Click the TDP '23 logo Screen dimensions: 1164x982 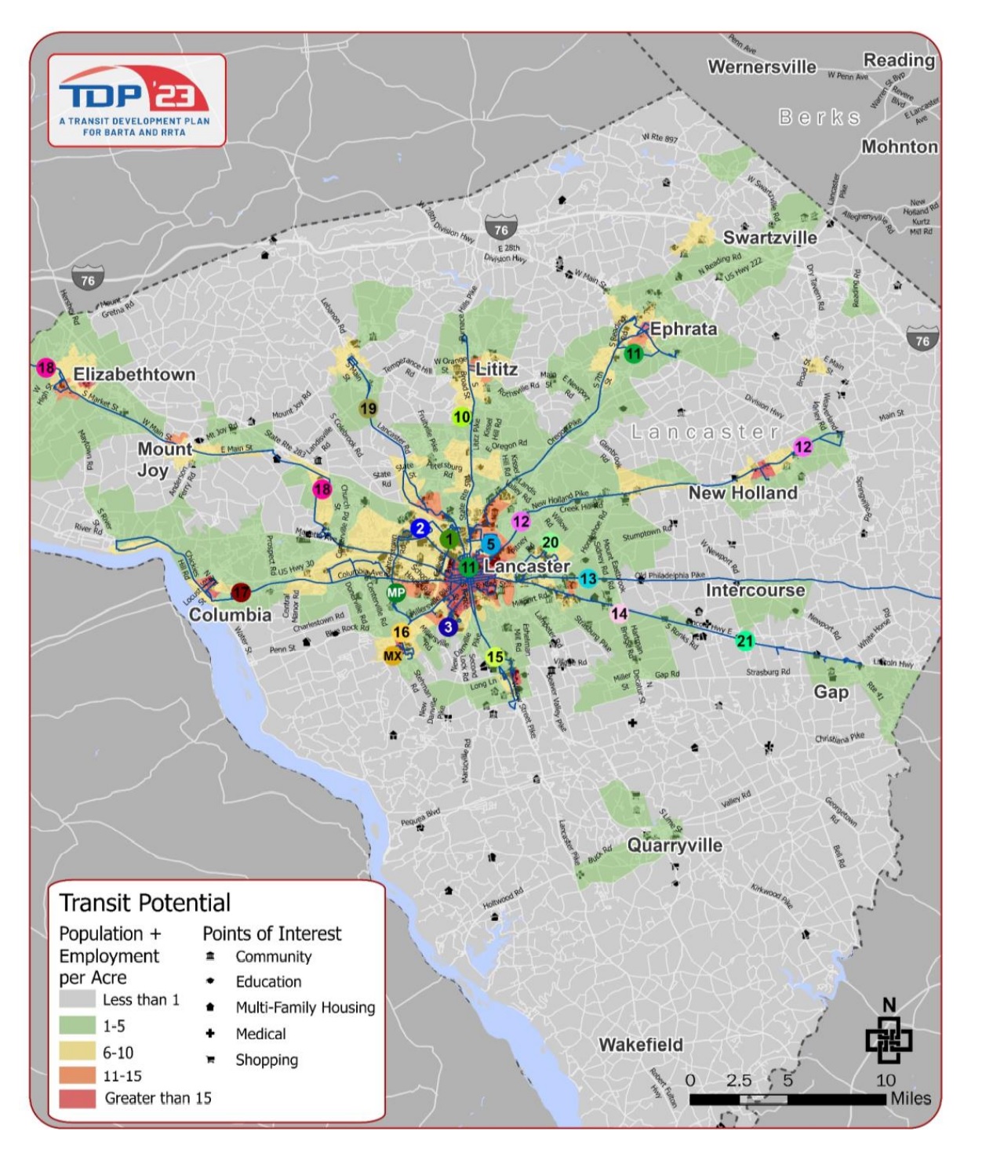[135, 100]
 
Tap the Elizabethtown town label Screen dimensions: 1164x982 [134, 374]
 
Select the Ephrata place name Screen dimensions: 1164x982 [683, 329]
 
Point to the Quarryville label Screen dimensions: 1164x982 [675, 845]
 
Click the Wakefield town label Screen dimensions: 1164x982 [641, 1045]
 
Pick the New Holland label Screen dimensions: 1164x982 [743, 493]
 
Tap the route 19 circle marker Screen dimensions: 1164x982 [368, 409]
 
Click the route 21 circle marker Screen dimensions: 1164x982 [745, 641]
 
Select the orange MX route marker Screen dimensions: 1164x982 [392, 656]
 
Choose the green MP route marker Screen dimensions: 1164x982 [396, 593]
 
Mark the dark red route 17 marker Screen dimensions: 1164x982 [241, 592]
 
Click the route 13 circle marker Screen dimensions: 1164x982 [588, 579]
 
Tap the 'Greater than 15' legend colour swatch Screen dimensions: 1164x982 [78, 1098]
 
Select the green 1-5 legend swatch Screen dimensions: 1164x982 [78, 1026]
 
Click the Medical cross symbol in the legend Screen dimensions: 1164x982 [210, 1034]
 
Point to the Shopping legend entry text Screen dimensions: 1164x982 [267, 1060]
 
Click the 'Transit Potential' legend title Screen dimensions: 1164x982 [145, 903]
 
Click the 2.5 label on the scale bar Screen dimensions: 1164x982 [739, 1080]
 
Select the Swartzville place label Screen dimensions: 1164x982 [769, 238]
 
